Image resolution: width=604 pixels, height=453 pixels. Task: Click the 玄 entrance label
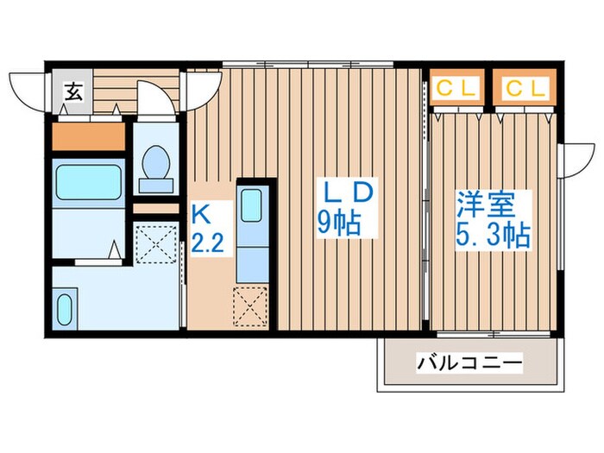pos(74,90)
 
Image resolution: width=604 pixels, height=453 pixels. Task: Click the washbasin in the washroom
pos(65,308)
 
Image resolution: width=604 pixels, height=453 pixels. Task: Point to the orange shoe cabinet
pos(88,136)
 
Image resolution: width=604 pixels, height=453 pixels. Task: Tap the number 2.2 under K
pos(207,241)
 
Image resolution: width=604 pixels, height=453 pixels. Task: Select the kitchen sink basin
pos(252,207)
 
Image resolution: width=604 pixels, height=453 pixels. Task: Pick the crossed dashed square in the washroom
pos(158,243)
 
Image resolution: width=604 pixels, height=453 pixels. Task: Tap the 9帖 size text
pos(339,224)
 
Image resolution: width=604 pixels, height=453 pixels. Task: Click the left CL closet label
pos(456,87)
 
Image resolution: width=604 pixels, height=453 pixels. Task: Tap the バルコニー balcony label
pos(469,362)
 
